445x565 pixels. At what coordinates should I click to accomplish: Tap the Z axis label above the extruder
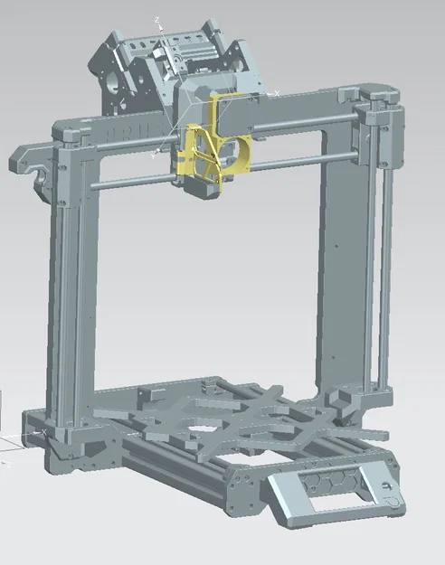tap(157, 18)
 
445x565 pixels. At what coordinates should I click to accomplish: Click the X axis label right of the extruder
tap(276, 92)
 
